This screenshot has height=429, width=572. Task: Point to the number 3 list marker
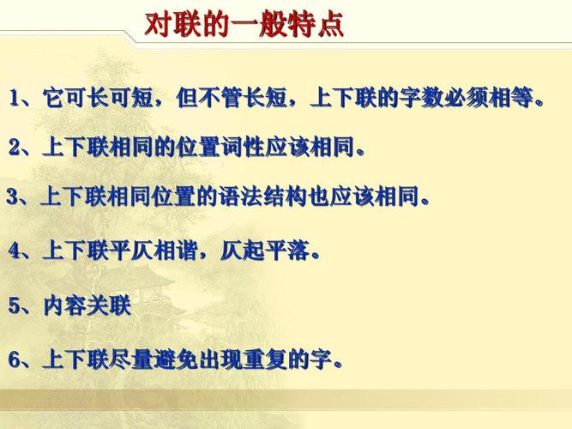click(12, 198)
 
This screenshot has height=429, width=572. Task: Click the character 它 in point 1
click(52, 98)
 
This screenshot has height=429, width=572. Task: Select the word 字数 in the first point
click(418, 98)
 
